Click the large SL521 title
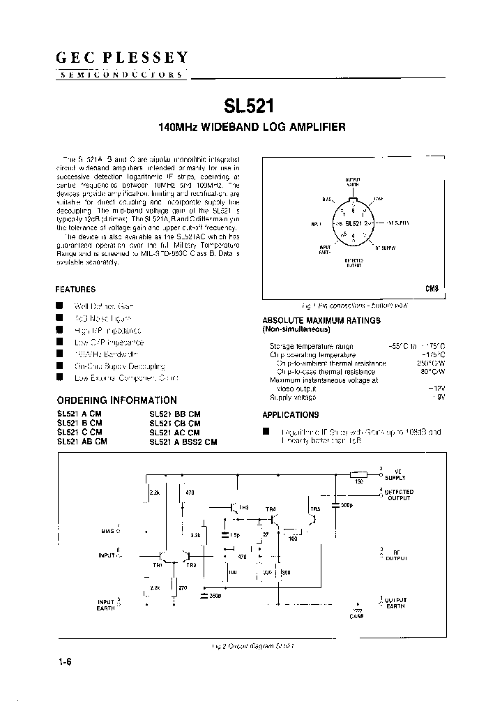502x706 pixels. pos(249,106)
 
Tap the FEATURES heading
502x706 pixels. pos(75,290)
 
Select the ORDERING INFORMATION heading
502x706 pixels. pos(116,400)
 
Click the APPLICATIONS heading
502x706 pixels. pos(290,415)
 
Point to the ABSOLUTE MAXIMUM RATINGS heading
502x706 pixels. pos(321,320)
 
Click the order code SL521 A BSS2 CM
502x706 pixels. pos(183,442)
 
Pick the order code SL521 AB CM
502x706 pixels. pos(82,442)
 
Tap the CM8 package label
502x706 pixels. pos(432,288)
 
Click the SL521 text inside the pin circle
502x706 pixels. pos(353,223)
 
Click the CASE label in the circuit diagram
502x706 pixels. pos(356,617)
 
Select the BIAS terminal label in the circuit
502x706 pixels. pos(109,531)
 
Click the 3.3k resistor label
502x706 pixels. pos(195,535)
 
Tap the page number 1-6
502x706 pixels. pos(66,663)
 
